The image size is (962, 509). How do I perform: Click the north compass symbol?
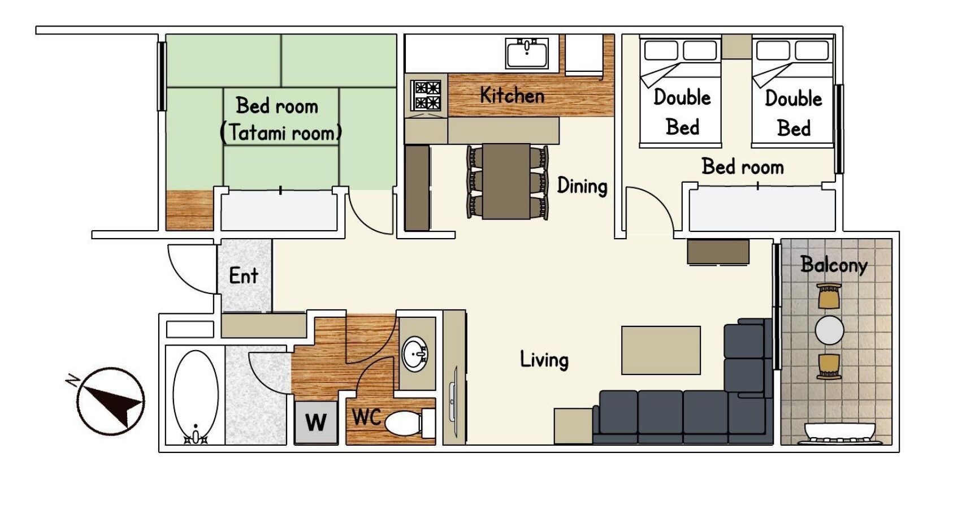coord(111,401)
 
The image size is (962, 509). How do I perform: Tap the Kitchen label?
coord(512,96)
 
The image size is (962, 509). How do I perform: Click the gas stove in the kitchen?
coord(426,95)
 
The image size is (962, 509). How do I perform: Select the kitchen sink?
coord(527,54)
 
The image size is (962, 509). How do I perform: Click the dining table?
coord(506,181)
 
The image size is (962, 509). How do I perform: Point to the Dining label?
coord(582,186)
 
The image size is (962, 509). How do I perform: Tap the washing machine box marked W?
coord(316,422)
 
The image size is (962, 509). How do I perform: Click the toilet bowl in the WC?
coord(402,422)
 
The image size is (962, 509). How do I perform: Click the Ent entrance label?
coord(244,275)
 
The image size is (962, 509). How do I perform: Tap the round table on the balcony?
coord(829,330)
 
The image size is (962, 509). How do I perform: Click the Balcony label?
coord(834,264)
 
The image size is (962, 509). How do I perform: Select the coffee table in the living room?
coord(661,350)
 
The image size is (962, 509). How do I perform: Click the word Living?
coord(544,360)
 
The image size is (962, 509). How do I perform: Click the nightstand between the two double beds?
coord(736,47)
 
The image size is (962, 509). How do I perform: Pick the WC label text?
coord(366,417)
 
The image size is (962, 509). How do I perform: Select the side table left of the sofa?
coord(573,425)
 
